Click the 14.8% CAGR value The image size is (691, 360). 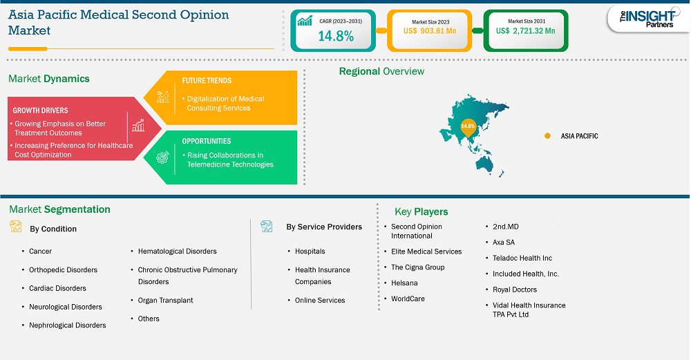click(336, 36)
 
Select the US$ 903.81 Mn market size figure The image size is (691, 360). click(430, 31)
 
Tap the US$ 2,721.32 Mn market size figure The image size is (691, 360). click(525, 31)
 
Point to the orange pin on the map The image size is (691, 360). click(468, 128)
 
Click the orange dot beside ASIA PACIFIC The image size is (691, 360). click(547, 135)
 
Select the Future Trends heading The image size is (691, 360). click(207, 81)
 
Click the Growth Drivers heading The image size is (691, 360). click(40, 111)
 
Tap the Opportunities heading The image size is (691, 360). click(206, 141)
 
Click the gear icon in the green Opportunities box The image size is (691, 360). click(162, 158)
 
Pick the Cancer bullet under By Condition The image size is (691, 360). click(40, 251)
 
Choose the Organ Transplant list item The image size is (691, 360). click(165, 300)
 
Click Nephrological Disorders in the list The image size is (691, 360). click(68, 325)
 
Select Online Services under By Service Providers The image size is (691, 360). click(320, 300)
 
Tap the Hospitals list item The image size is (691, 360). click(310, 251)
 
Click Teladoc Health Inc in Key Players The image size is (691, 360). click(522, 258)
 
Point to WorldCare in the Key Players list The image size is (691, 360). click(408, 299)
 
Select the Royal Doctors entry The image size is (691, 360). click(515, 290)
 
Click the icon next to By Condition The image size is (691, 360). click(15, 227)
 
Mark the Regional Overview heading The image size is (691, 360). click(381, 71)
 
